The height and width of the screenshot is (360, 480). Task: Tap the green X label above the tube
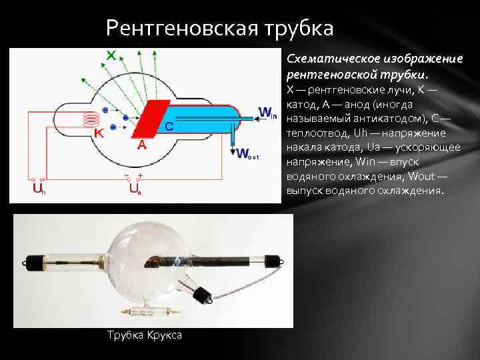113,56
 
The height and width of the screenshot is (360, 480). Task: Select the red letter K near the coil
98,133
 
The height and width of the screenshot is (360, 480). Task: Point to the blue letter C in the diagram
169,125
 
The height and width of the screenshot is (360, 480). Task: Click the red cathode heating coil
89,119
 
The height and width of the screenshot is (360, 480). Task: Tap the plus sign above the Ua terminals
140,175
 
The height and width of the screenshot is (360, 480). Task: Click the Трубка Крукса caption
144,335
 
